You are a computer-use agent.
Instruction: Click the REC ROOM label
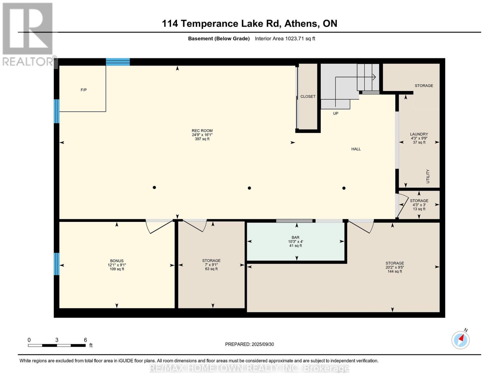pos(202,131)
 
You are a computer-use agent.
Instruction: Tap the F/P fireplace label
pos(84,90)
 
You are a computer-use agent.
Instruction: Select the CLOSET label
pos(308,96)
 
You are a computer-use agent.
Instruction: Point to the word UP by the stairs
pos(335,113)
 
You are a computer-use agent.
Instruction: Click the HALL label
pos(356,149)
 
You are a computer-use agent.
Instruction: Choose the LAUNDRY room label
pos(419,134)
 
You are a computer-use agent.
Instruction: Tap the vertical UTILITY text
pos(428,176)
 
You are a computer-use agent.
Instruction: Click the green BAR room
pos(296,241)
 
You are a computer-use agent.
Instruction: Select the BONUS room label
pos(117,261)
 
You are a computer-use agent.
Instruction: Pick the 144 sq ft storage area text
pos(395,271)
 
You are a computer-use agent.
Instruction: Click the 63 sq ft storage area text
pos(211,269)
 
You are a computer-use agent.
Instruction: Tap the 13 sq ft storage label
pos(419,209)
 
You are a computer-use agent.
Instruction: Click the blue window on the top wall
pos(118,62)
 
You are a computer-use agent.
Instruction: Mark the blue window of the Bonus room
pos(57,264)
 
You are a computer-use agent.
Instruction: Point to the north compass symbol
pos(460,340)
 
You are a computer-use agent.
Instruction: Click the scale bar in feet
pos(57,345)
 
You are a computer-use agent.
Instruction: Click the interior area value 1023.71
pos(295,39)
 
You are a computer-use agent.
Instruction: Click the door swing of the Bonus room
pos(159,227)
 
